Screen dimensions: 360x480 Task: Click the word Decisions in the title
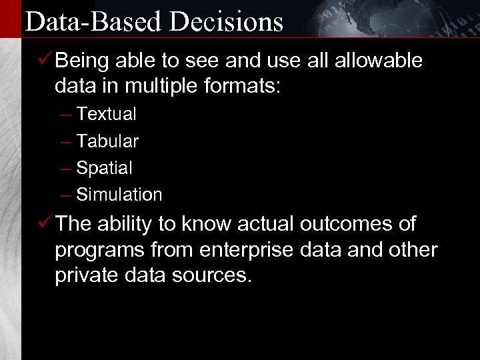tap(227, 21)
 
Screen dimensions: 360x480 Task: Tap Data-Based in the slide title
tap(93, 21)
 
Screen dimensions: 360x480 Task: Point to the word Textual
tap(106, 114)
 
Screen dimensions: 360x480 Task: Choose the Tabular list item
tap(107, 141)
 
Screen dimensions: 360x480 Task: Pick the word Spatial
tap(104, 168)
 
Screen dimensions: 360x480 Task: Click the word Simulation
tap(119, 195)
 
